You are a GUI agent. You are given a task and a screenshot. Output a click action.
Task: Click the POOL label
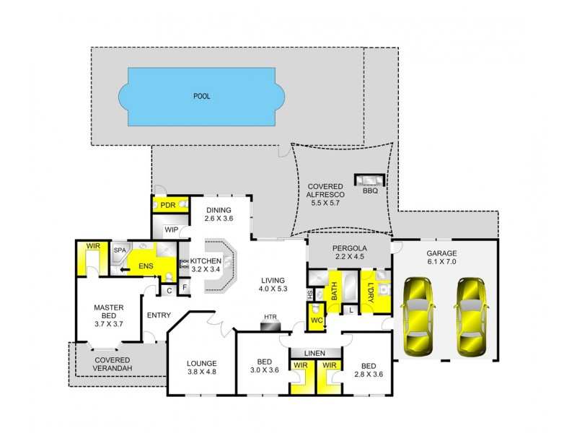coord(201,96)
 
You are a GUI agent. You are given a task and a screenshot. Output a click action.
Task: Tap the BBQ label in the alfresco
coord(370,191)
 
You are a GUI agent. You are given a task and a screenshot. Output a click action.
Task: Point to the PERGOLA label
coord(350,252)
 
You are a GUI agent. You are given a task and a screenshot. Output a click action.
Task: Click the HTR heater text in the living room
coord(270,317)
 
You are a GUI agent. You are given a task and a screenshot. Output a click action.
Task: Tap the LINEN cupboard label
coord(314,353)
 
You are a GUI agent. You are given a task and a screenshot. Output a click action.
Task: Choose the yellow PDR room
coord(169,205)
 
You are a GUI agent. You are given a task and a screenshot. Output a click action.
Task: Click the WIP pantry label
coord(172,229)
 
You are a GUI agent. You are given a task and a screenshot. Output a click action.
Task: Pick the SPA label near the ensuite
coord(120,250)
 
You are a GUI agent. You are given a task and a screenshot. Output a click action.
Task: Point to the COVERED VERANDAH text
coord(112,364)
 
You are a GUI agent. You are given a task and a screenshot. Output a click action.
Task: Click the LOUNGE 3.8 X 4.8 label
coord(201,368)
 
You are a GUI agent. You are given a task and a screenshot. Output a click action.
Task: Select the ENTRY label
coord(159,315)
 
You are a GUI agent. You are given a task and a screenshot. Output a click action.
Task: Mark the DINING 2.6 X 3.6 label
coord(217,214)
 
